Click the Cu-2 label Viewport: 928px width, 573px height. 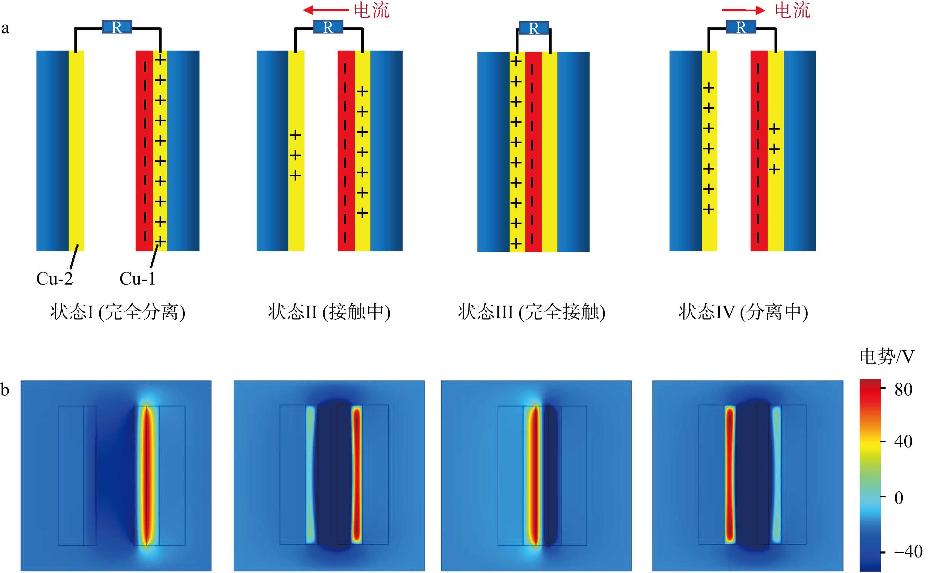tap(55, 279)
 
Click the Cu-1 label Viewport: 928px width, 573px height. tap(137, 279)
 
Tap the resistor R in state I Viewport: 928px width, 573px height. tap(117, 27)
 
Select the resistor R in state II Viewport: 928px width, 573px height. tap(328, 27)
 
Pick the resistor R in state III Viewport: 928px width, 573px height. tap(534, 28)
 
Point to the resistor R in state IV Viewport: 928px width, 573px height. tap(741, 27)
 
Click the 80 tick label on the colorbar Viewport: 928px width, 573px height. tap(903, 389)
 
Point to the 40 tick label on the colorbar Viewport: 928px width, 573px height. tap(903, 442)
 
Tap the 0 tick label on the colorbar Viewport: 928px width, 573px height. tap(899, 498)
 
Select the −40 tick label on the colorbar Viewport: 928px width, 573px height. tap(908, 552)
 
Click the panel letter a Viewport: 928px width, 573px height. tap(5, 28)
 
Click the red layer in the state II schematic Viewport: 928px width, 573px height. tap(346, 151)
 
